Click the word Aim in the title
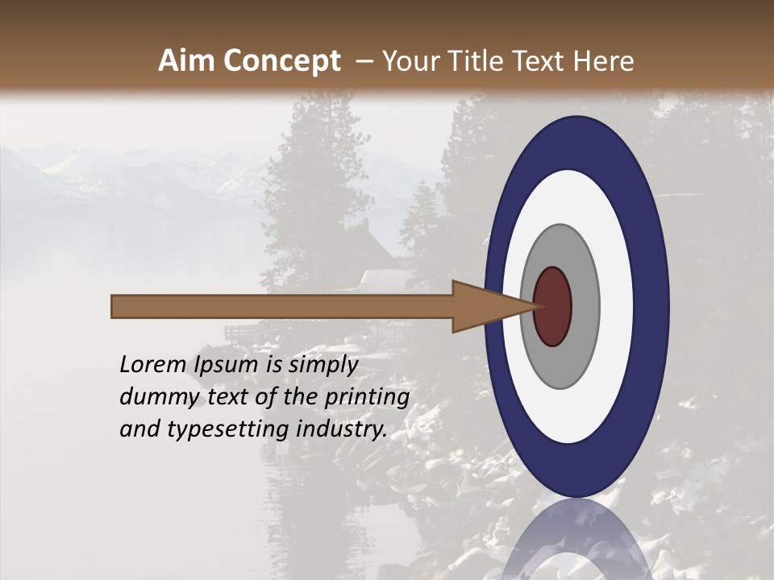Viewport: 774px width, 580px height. pyautogui.click(x=187, y=61)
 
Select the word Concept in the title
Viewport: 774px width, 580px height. pyautogui.click(x=281, y=61)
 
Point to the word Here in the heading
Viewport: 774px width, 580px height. pyautogui.click(x=604, y=61)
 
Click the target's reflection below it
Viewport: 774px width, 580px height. pyautogui.click(x=576, y=540)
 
